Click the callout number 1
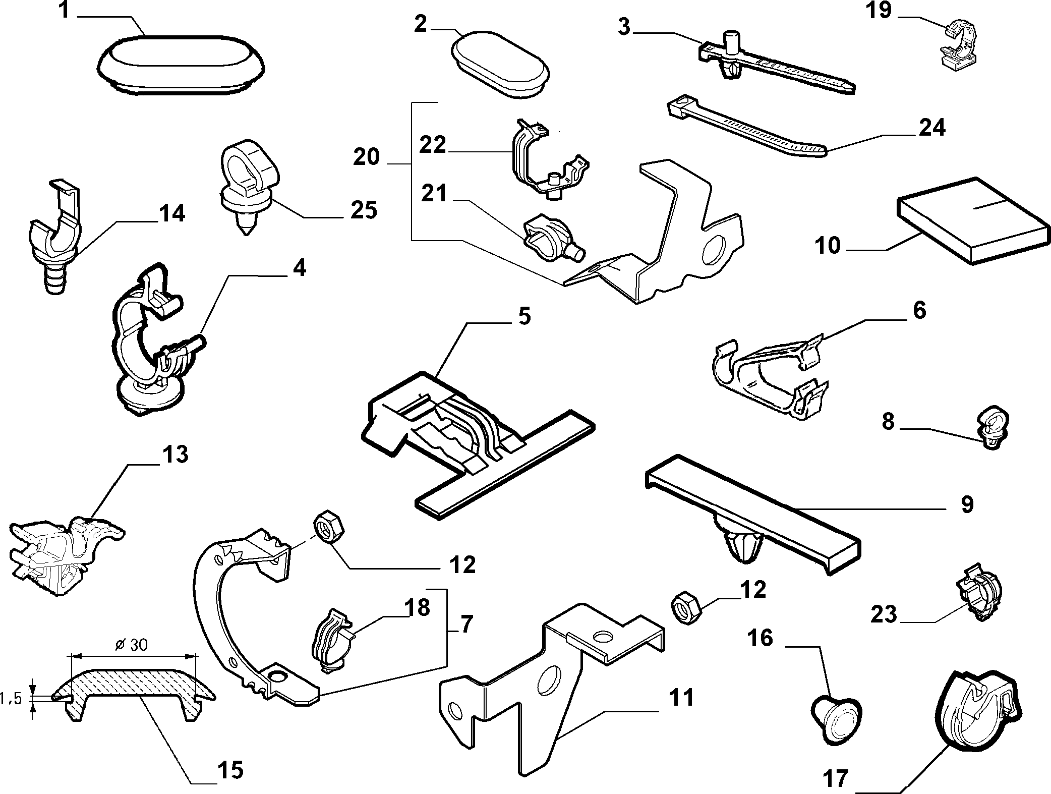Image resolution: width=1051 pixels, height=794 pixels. tap(64, 10)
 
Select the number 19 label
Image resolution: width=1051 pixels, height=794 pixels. tap(879, 10)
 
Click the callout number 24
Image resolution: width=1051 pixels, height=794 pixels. tap(931, 128)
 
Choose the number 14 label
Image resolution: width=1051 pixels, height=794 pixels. tap(171, 213)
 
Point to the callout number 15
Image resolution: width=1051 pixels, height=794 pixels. tap(230, 770)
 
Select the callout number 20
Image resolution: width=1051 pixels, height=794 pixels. tap(366, 157)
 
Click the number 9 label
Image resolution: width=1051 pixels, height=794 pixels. tap(966, 504)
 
